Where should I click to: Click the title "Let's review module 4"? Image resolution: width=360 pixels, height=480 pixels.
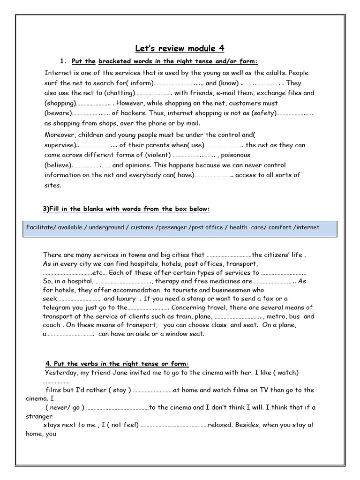[x=180, y=48]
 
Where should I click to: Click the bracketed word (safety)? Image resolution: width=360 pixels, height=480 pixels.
[x=264, y=113]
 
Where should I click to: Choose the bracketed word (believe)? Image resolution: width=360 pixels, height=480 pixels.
[x=58, y=165]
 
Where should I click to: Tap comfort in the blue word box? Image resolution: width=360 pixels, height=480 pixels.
[x=280, y=227]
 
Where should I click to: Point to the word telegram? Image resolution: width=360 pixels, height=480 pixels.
[x=57, y=307]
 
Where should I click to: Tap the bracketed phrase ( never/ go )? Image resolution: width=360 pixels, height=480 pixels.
[x=65, y=407]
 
